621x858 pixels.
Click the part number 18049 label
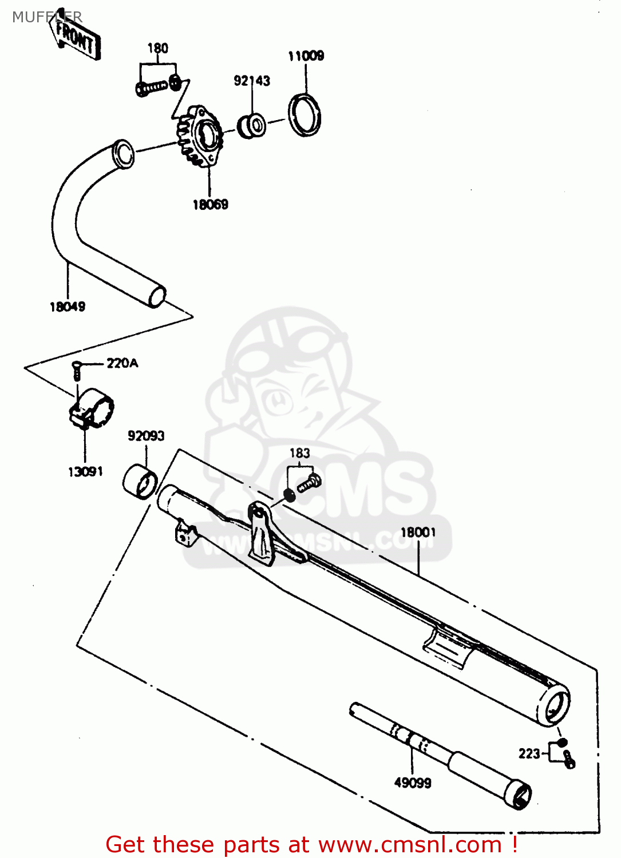click(68, 307)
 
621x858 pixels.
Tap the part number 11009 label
click(306, 55)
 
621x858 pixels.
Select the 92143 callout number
click(252, 81)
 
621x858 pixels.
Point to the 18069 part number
click(210, 204)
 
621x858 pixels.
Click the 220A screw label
click(122, 363)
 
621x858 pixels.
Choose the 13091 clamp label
click(85, 472)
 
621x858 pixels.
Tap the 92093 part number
click(146, 436)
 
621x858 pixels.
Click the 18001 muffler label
click(418, 533)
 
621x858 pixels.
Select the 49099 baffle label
click(413, 782)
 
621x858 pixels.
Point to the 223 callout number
click(529, 754)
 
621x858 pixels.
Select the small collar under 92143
click(252, 125)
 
